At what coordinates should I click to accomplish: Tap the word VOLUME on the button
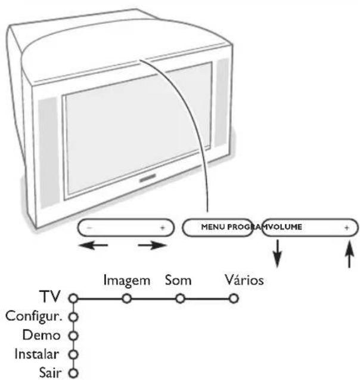point(287,228)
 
